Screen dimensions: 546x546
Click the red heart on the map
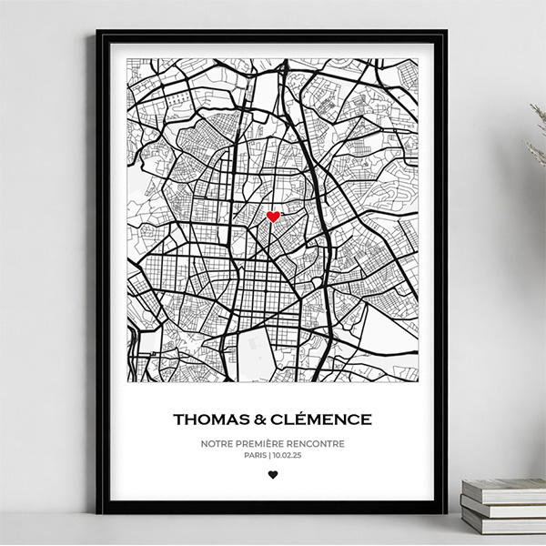(x=272, y=217)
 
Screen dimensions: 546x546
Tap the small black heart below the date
(x=272, y=474)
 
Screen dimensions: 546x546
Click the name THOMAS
(x=207, y=420)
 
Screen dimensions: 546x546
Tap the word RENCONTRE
(x=319, y=444)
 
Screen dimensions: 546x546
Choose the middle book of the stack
(x=502, y=506)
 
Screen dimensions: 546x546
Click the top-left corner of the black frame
(x=97, y=32)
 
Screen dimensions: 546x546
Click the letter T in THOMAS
(x=177, y=420)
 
